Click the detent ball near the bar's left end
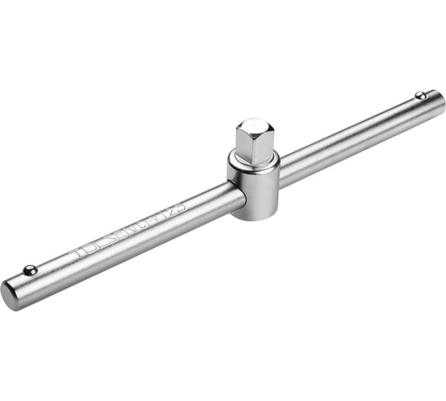coord(29,270)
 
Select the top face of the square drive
coord(252,127)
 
